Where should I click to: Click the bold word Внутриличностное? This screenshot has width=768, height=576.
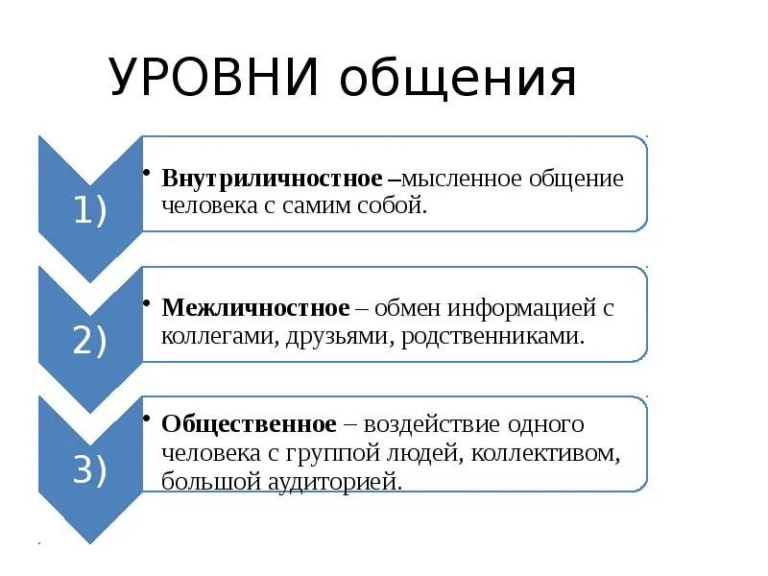[x=273, y=180]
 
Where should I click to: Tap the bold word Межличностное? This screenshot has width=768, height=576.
[x=255, y=308]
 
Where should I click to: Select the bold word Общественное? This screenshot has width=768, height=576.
[x=250, y=423]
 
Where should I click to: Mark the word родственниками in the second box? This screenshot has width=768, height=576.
[x=493, y=337]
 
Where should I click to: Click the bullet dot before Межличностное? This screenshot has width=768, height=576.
[x=146, y=301]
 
